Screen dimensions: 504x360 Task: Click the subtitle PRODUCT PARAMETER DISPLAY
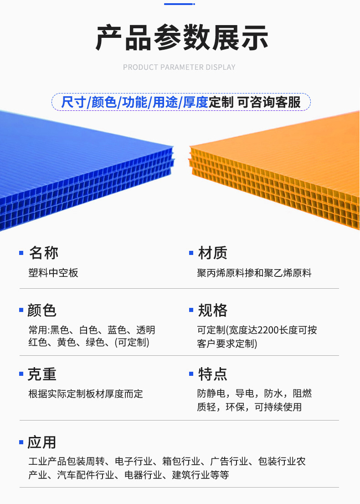pos(179,67)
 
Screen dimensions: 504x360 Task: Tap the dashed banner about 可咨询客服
pos(180,102)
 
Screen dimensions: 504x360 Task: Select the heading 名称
pos(44,253)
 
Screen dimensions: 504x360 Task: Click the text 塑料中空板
pos(53,273)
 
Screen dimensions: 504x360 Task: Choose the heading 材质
pos(213,253)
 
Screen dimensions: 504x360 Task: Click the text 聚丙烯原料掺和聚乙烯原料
pos(254,273)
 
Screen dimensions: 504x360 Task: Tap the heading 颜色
pos(42,310)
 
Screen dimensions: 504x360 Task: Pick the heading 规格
pos(213,310)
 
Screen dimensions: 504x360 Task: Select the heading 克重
pos(42,374)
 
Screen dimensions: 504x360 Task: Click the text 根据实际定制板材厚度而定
pos(86,393)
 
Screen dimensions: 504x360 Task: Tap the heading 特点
pos(213,374)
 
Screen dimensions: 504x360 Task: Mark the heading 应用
pos(42,442)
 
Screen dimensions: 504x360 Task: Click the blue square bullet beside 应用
pos(21,442)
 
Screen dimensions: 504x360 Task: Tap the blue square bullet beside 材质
pos(191,253)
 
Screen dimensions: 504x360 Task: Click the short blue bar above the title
pos(179,4)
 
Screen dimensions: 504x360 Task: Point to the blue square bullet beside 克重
pos(21,374)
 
